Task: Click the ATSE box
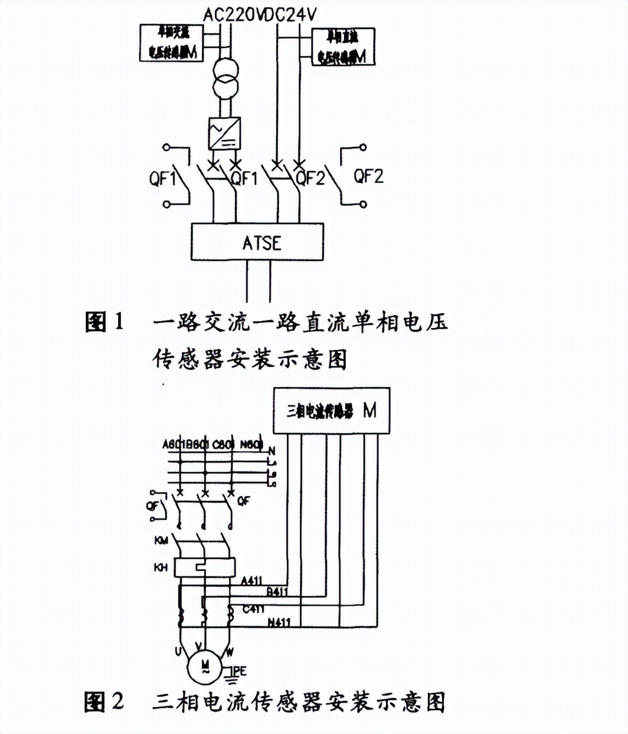click(257, 242)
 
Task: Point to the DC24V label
click(288, 15)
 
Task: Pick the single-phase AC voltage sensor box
click(172, 43)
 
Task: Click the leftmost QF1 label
click(162, 178)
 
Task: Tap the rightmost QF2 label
click(368, 176)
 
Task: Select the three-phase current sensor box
click(331, 411)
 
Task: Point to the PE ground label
click(240, 671)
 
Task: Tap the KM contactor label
click(161, 540)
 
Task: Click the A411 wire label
click(252, 581)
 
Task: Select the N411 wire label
click(279, 622)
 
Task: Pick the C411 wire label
click(253, 608)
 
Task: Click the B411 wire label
click(277, 591)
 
